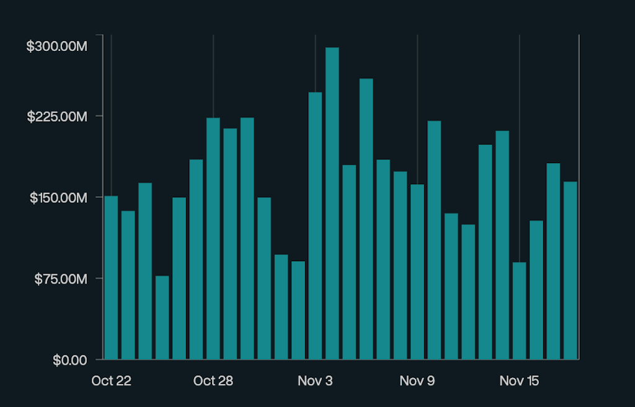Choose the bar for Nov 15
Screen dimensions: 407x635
pyautogui.click(x=519, y=310)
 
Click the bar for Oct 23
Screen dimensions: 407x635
pyautogui.click(x=128, y=285)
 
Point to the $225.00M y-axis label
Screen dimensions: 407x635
pyautogui.click(x=56, y=117)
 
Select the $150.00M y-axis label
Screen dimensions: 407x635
pyautogui.click(x=56, y=197)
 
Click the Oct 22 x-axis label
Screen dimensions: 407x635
pyautogui.click(x=111, y=380)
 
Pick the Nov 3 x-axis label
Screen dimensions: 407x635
pyautogui.click(x=315, y=380)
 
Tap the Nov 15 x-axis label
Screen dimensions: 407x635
pyautogui.click(x=519, y=380)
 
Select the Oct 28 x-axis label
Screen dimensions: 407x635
pyautogui.click(x=213, y=380)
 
